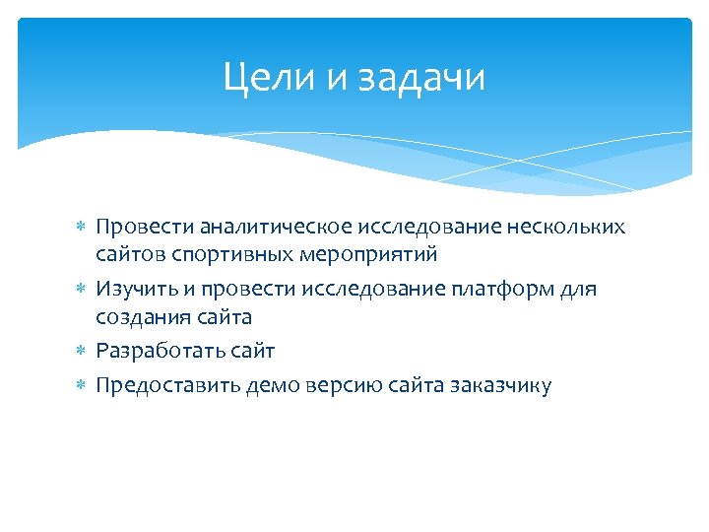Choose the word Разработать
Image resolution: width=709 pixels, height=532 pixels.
click(158, 351)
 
